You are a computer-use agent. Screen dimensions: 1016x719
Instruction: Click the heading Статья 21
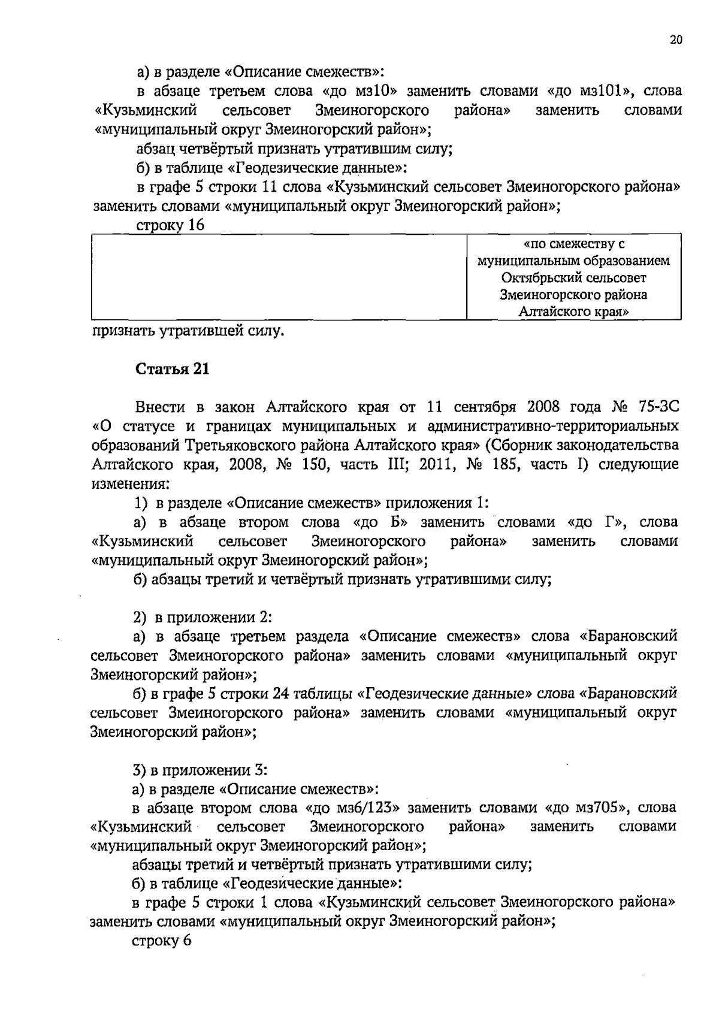tap(173, 369)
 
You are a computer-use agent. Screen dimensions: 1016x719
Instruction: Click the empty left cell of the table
tap(279, 277)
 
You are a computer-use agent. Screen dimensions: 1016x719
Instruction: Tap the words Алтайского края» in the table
tap(573, 312)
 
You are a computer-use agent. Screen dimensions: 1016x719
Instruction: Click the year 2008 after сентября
tap(543, 408)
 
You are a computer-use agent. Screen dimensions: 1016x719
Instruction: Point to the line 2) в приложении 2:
tap(203, 617)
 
